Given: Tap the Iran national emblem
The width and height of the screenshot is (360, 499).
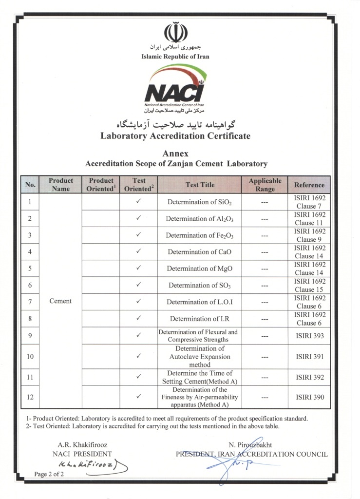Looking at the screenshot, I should point(175,33).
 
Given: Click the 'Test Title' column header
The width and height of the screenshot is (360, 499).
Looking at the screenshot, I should point(200,185).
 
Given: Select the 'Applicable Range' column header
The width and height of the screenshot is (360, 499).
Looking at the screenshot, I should point(265,185).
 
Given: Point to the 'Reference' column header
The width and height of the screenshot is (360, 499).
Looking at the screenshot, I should point(309,185).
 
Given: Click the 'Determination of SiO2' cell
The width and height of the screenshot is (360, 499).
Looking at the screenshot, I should point(200,202).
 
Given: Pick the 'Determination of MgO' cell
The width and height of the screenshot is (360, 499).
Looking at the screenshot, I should point(200,269).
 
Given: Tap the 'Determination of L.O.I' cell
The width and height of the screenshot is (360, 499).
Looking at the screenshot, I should point(200,302).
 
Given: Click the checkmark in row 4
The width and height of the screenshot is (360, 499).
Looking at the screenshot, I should point(139,251).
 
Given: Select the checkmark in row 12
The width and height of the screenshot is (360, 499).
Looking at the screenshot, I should point(139,397).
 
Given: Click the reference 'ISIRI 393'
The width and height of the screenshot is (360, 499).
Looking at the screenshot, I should point(309,336).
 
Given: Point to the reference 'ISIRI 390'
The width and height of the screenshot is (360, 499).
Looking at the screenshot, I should point(309,397).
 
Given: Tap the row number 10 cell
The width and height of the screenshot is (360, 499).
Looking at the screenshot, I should point(30,356).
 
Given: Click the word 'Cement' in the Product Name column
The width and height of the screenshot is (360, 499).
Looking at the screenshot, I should point(60,301).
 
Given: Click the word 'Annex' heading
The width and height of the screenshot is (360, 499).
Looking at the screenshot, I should point(175,154).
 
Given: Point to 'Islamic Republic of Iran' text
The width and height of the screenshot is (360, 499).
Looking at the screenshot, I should point(175,57).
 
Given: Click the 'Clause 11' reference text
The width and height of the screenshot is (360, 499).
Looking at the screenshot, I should point(308,223).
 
